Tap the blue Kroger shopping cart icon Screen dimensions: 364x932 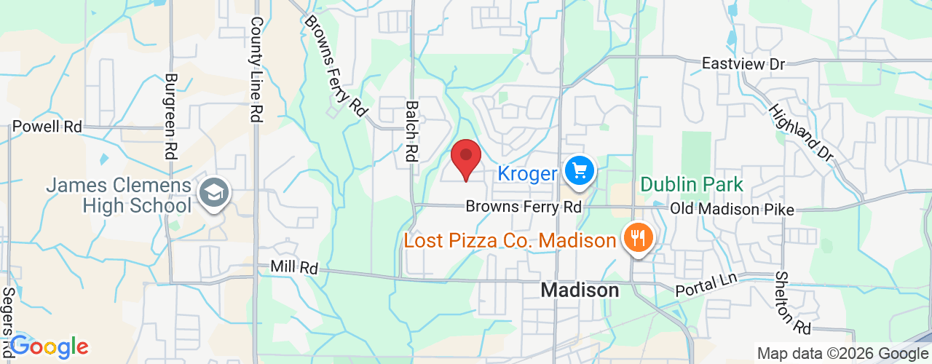pos(580,172)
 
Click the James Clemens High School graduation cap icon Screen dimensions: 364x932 pos(216,193)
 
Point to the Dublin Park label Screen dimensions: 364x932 pos(692,184)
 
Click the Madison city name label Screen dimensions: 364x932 pos(580,290)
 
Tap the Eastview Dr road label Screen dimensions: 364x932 pos(743,64)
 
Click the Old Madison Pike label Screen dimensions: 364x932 pos(732,208)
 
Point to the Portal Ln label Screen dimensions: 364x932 pos(706,285)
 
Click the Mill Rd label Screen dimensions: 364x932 pos(294,267)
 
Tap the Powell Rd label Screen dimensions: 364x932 pos(47,126)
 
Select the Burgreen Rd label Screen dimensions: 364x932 pos(171,116)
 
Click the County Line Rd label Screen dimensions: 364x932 pos(256,70)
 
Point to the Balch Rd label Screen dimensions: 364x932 pos(412,131)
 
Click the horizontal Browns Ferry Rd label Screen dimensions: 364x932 pos(524,207)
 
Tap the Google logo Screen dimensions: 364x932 pos(49,347)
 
